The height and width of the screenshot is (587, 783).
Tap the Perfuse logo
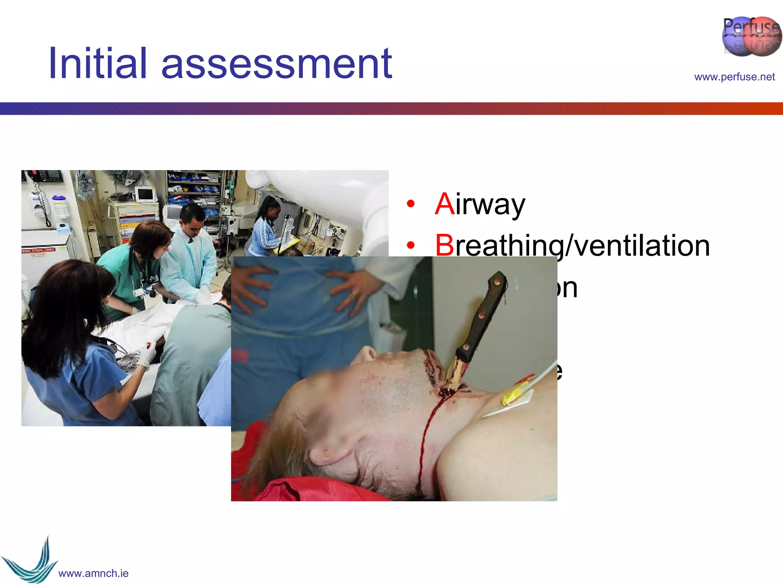[x=751, y=36]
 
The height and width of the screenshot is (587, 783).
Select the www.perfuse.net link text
[x=734, y=77]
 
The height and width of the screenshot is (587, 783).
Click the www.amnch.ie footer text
[x=93, y=573]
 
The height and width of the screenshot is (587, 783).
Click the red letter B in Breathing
[x=444, y=245]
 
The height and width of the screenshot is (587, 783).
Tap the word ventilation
[x=642, y=245]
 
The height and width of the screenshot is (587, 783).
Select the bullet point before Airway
[x=411, y=204]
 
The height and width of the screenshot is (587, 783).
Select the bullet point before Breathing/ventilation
[x=411, y=245]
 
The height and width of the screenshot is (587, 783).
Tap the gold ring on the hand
[x=355, y=293]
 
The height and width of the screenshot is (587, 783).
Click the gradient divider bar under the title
[x=391, y=109]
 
